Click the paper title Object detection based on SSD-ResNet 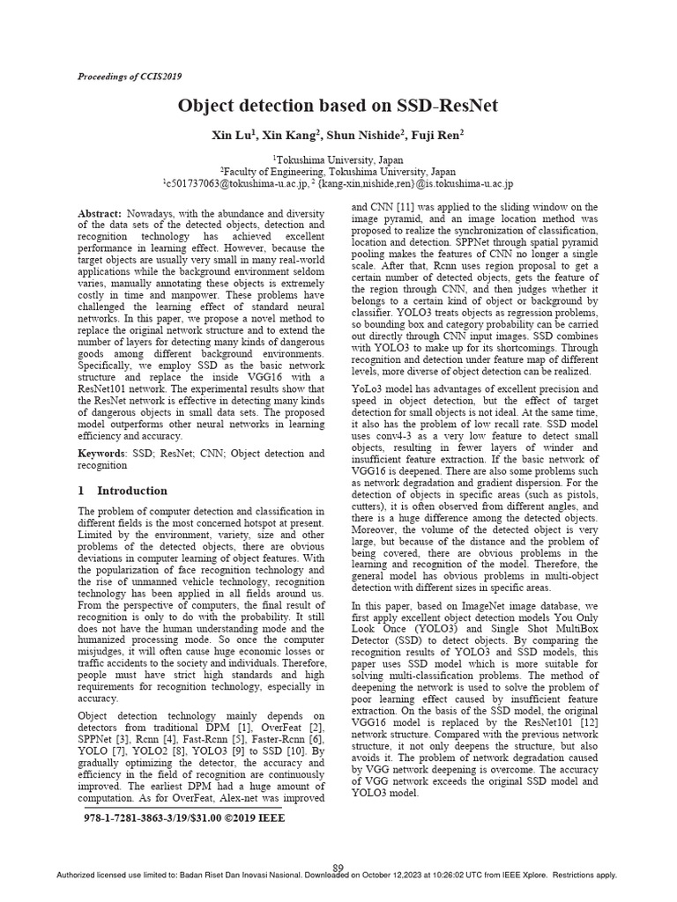(338, 107)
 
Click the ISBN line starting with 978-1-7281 (183, 818)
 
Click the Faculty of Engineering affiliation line (338, 172)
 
